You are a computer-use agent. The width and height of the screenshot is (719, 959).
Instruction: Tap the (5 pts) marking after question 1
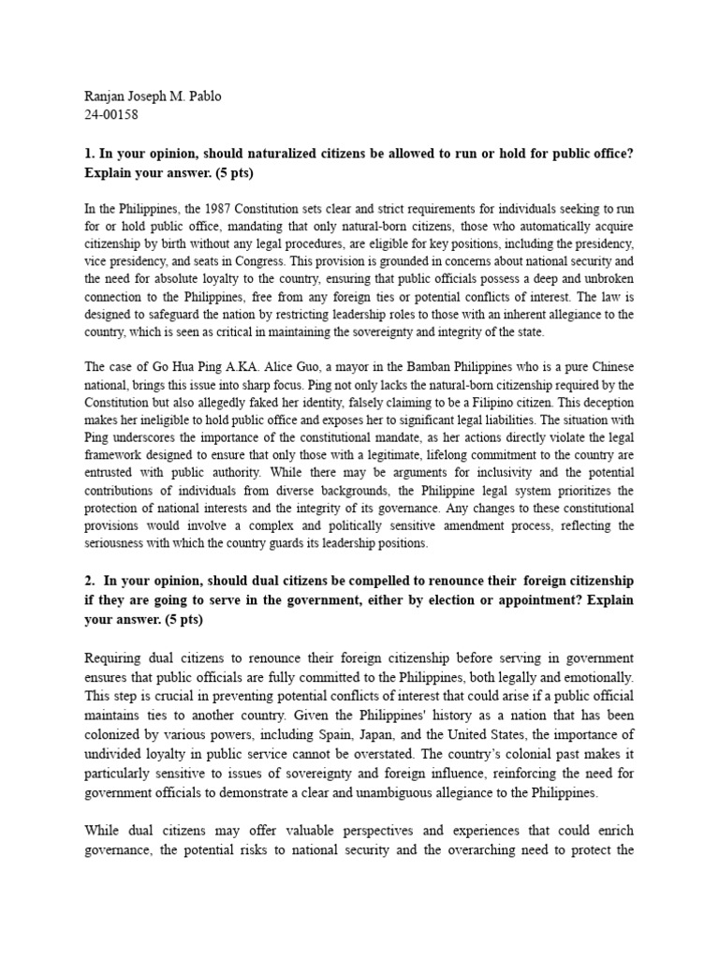point(229,174)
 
